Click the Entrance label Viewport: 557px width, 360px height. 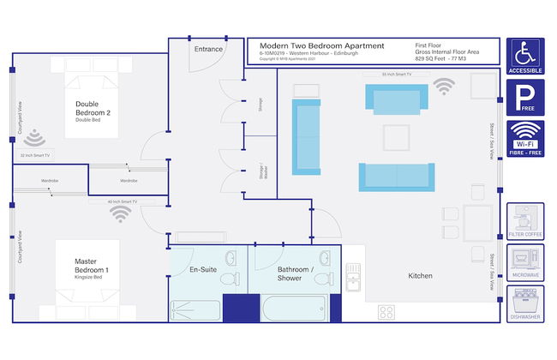click(x=208, y=49)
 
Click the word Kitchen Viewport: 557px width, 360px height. click(x=420, y=276)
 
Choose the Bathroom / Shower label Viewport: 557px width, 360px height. click(x=296, y=273)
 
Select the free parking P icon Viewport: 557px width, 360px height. click(x=524, y=97)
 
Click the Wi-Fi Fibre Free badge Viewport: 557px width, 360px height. click(x=524, y=138)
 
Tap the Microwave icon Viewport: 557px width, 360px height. click(x=525, y=262)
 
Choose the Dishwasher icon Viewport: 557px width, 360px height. click(x=525, y=303)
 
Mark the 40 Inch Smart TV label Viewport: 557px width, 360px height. click(x=122, y=201)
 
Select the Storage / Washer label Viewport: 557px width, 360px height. click(x=262, y=170)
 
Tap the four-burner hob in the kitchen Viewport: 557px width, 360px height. click(x=386, y=312)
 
